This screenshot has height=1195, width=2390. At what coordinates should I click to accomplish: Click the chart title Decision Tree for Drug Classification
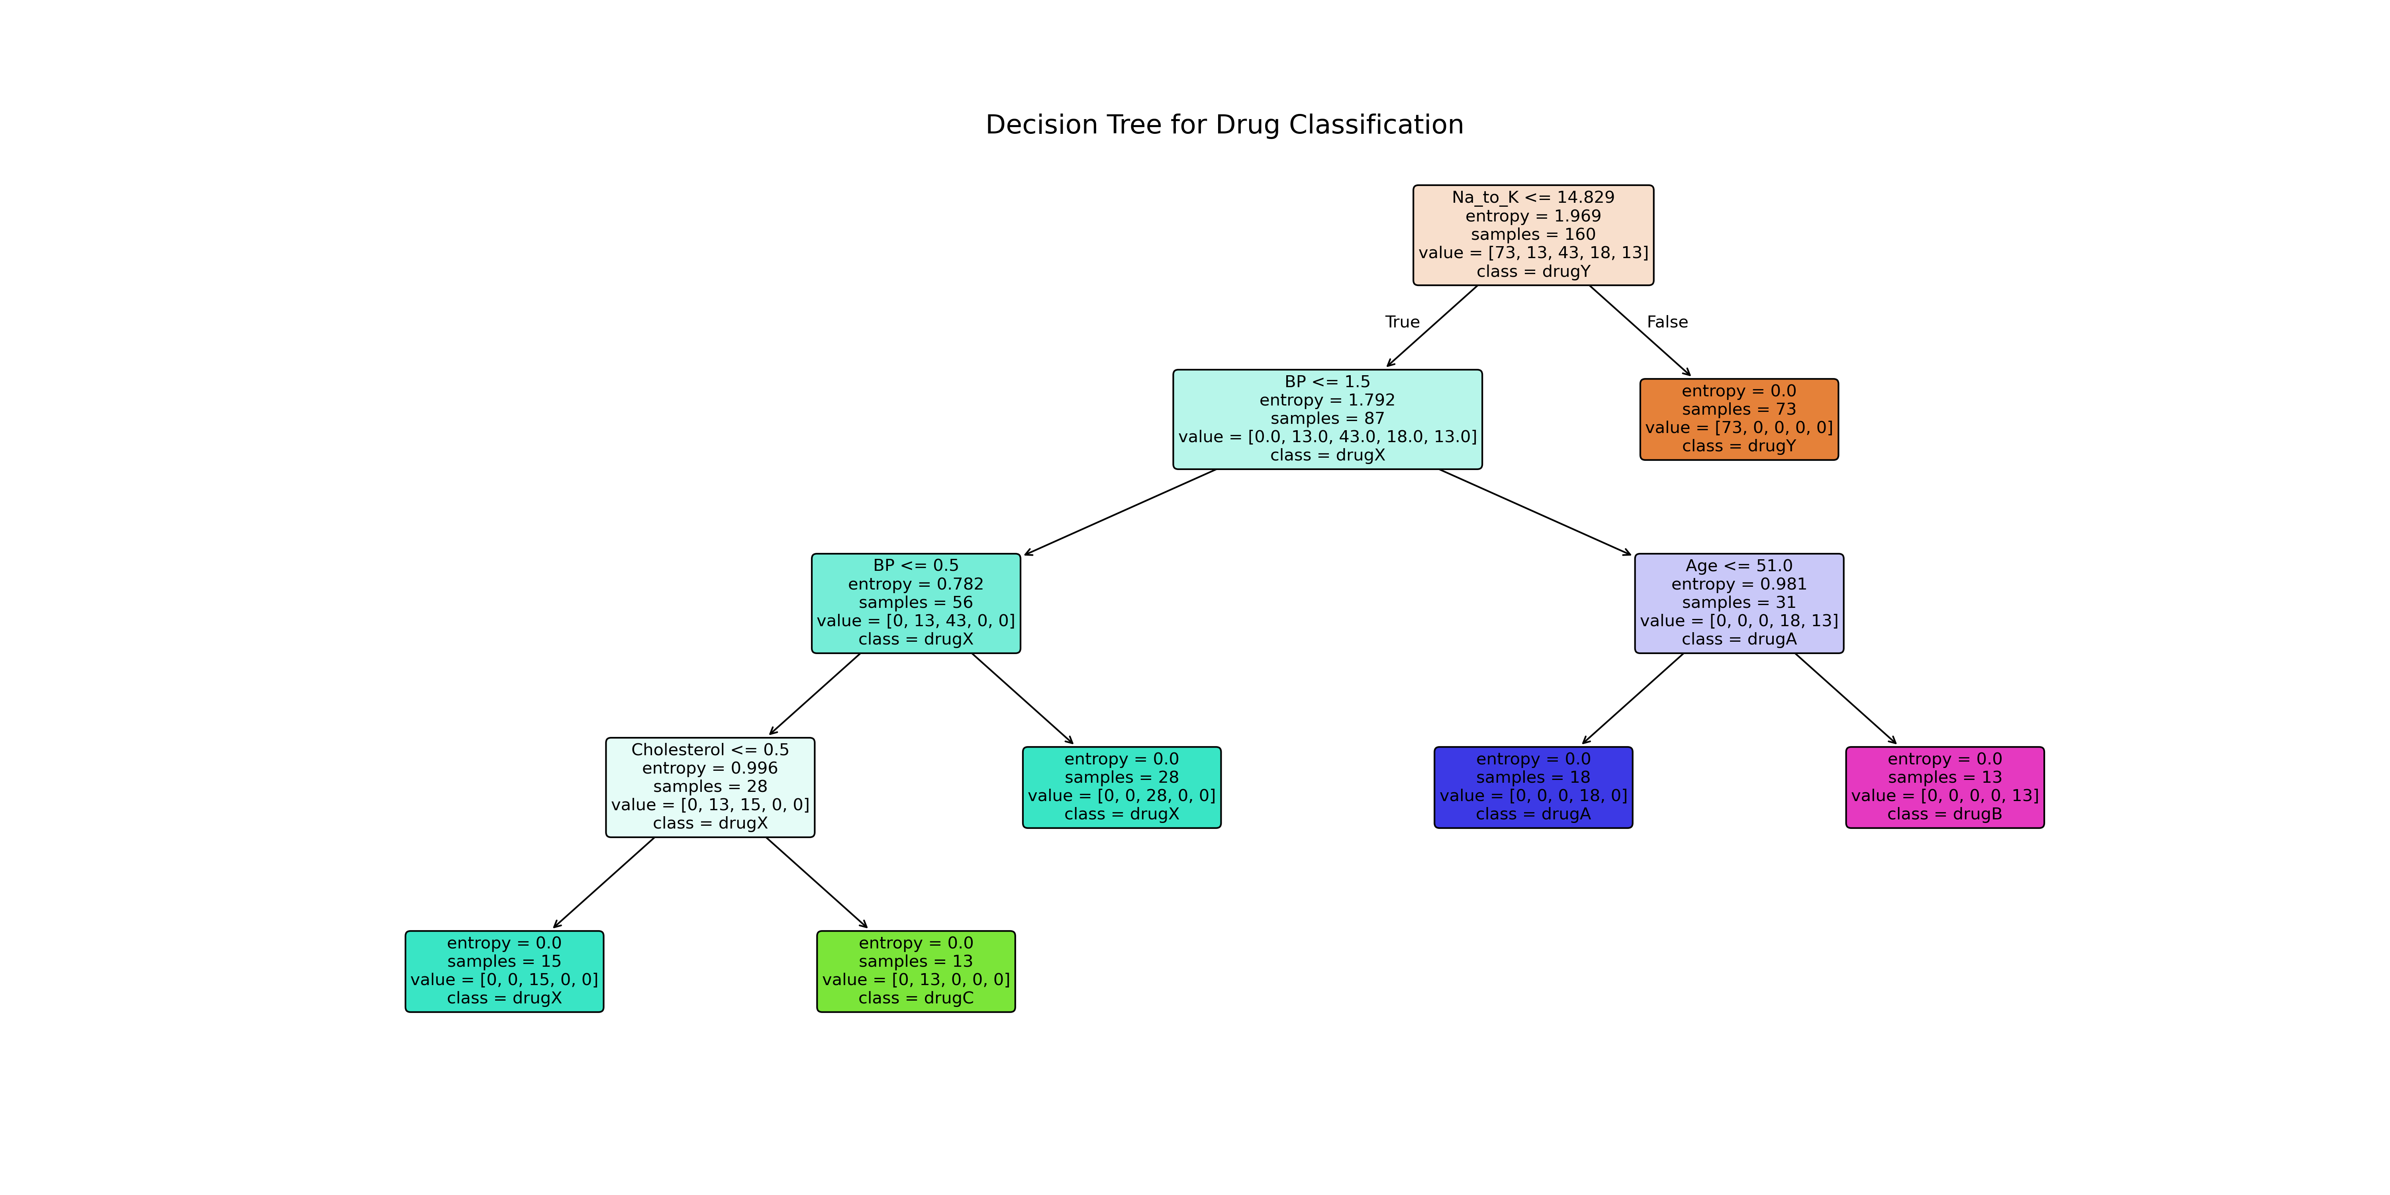coord(1224,124)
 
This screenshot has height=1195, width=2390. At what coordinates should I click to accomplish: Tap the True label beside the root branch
coord(1402,322)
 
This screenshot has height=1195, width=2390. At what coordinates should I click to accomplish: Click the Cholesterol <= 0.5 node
coord(710,750)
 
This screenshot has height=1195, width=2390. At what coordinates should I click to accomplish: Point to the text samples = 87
coord(1327,418)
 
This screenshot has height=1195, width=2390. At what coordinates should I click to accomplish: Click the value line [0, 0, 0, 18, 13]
coord(1739,621)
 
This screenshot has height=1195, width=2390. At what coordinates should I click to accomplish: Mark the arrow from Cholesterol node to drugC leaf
coord(817,882)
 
